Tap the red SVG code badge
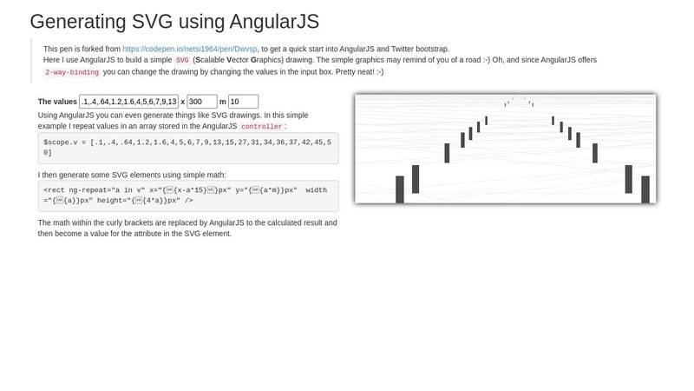(182, 61)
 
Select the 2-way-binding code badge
(71, 72)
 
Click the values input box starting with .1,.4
(128, 102)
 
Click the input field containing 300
(202, 102)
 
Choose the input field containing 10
(243, 102)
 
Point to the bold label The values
(57, 102)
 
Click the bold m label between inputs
(222, 102)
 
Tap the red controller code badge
(261, 127)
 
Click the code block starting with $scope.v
(188, 147)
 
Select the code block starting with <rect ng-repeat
(188, 195)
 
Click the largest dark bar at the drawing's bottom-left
(400, 189)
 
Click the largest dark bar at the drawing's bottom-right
(645, 189)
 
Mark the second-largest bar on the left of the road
(416, 179)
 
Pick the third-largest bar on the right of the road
(595, 153)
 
